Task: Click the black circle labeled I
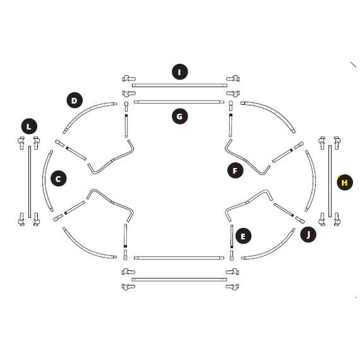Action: (180, 72)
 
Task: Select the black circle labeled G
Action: (180, 116)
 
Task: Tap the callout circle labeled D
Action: (75, 100)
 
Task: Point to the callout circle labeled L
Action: (29, 126)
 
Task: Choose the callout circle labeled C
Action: (59, 178)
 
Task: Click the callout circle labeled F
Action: (236, 171)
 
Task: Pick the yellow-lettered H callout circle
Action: (345, 183)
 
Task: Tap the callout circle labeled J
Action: (308, 234)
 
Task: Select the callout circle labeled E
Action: (243, 236)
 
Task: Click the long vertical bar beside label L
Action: (30, 182)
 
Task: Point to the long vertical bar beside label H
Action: (330, 181)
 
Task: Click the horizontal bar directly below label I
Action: (179, 85)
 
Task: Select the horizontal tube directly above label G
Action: (179, 102)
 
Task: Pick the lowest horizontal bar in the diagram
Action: (179, 279)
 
